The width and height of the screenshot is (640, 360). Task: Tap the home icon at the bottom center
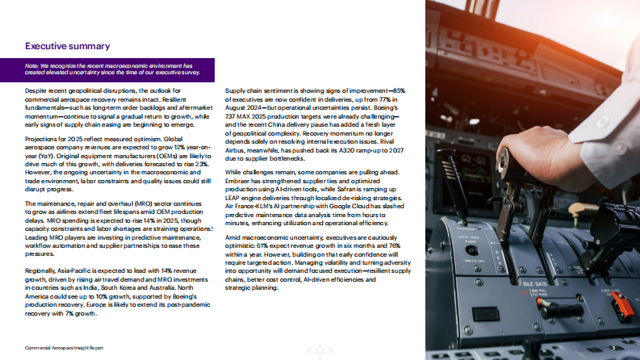(x=320, y=349)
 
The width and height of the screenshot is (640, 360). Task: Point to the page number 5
(x=613, y=346)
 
